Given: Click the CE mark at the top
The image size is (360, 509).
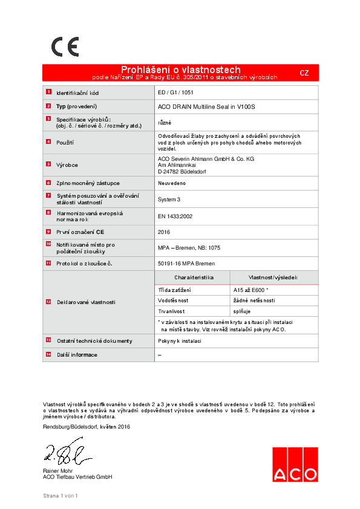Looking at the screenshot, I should pyautogui.click(x=64, y=47).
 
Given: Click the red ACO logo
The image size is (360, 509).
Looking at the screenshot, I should pyautogui.click(x=294, y=465).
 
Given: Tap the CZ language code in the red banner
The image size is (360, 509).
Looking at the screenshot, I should pyautogui.click(x=304, y=73).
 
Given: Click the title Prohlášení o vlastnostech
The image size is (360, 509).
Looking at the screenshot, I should pyautogui.click(x=180, y=70).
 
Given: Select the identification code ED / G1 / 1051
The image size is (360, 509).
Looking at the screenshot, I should pyautogui.click(x=175, y=93).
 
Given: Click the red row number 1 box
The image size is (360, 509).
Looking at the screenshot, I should pyautogui.click(x=48, y=92).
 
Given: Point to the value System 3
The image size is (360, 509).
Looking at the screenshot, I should pyautogui.click(x=169, y=199).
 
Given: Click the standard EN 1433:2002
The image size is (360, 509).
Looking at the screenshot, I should pyautogui.click(x=175, y=216).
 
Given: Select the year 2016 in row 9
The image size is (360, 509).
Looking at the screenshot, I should pyautogui.click(x=164, y=232).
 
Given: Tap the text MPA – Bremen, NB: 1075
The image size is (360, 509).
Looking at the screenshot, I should pyautogui.click(x=189, y=248).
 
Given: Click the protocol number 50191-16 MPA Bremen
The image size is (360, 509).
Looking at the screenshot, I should pyautogui.click(x=186, y=264).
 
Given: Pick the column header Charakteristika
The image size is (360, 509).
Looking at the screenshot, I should pyautogui.click(x=194, y=277).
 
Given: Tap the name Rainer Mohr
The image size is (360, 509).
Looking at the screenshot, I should pyautogui.click(x=57, y=471).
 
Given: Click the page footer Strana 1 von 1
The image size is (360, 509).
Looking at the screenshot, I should pyautogui.click(x=61, y=496).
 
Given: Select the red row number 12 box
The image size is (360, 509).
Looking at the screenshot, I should pyautogui.click(x=48, y=301).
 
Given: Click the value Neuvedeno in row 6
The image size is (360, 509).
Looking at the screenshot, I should pyautogui.click(x=172, y=183).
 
